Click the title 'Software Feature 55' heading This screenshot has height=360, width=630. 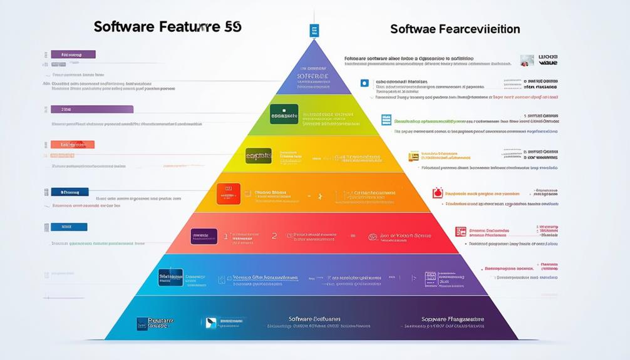[167, 27]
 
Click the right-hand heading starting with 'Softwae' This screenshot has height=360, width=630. [455, 29]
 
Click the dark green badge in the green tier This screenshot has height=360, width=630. [284, 115]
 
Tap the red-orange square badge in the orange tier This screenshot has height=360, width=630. [228, 193]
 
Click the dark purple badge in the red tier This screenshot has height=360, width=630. [204, 237]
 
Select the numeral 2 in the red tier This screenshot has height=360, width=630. [274, 236]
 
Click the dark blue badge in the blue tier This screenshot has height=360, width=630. [170, 277]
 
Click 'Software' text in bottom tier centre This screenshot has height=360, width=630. [309, 319]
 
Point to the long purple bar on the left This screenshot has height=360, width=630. [92, 110]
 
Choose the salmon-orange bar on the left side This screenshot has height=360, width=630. [73, 145]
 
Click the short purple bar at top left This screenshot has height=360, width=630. [73, 54]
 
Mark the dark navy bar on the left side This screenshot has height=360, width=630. [70, 192]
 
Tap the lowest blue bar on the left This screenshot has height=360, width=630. [69, 227]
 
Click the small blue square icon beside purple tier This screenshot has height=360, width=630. [364, 83]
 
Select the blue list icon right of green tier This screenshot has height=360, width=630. [386, 120]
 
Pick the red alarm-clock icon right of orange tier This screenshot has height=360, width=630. [437, 193]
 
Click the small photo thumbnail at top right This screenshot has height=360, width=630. [527, 60]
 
